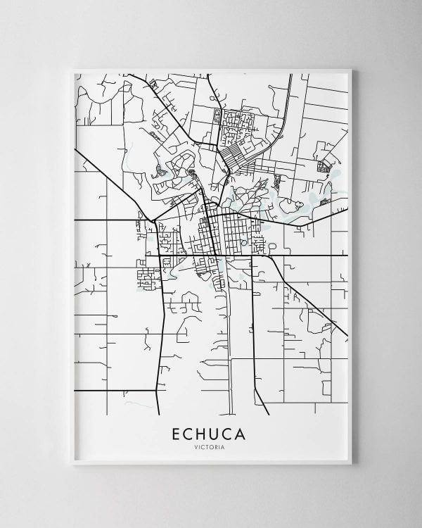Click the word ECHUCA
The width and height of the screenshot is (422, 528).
(209, 434)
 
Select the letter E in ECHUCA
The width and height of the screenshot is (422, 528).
(176, 434)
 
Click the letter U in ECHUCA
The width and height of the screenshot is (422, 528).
(217, 434)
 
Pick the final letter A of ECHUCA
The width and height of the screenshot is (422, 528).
(241, 434)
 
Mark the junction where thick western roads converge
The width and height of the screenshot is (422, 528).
(153, 221)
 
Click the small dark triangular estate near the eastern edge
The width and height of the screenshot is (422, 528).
(324, 166)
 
